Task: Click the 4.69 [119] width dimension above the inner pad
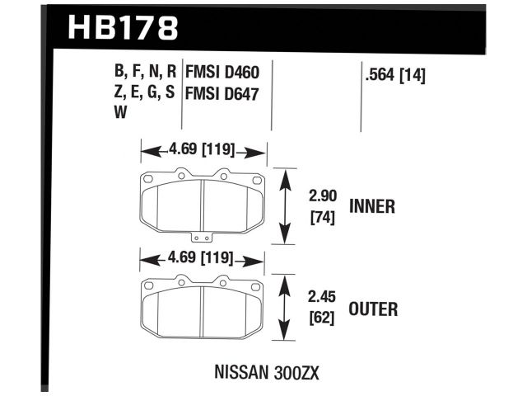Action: tap(202, 150)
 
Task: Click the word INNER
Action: tap(372, 206)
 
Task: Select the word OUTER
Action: tap(373, 309)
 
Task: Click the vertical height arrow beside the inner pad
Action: tap(285, 206)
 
